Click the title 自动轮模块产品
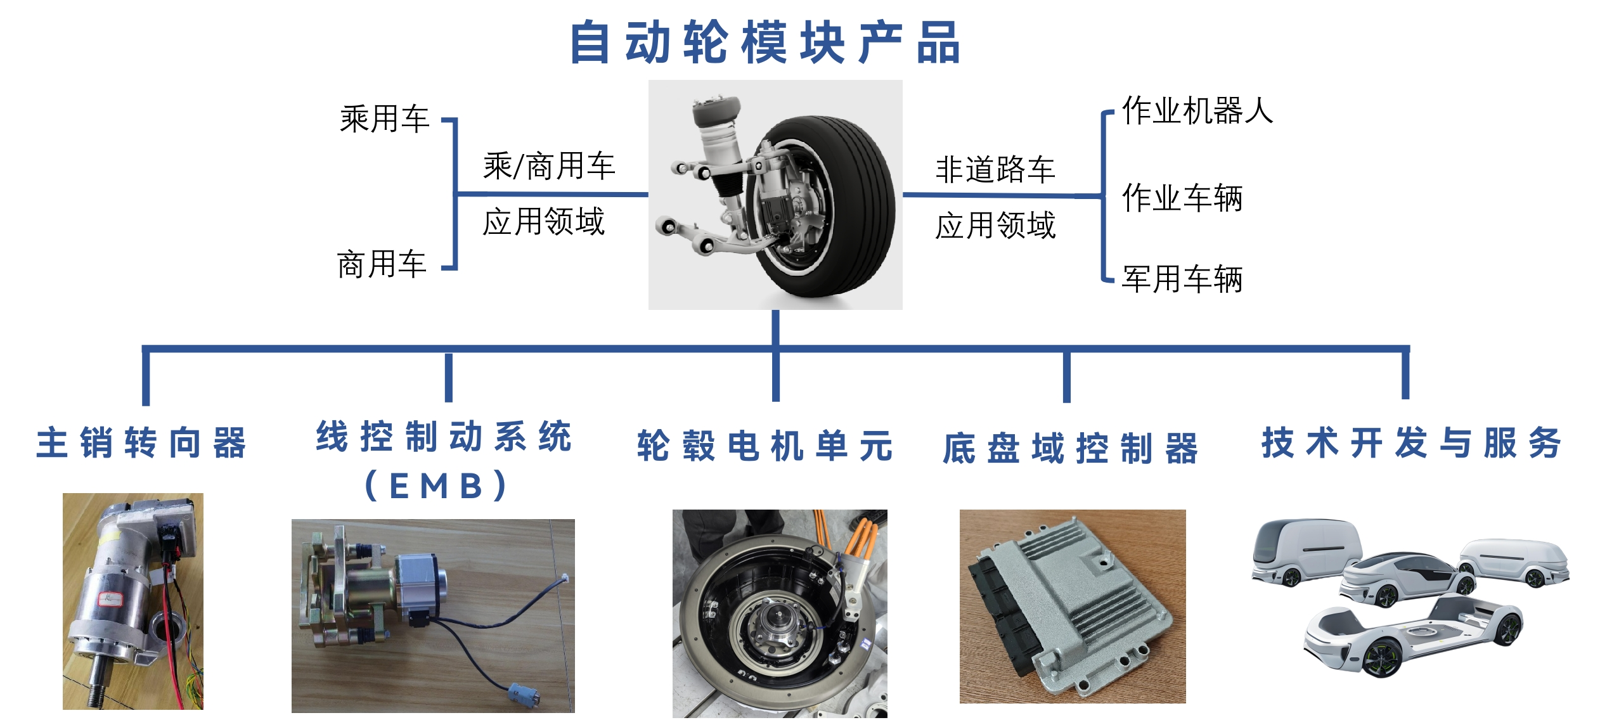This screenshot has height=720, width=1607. (x=765, y=43)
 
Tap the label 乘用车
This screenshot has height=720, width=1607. (x=384, y=119)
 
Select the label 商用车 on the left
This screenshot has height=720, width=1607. (x=382, y=264)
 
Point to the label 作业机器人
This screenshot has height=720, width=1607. (x=1197, y=111)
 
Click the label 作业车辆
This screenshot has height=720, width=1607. (x=1182, y=198)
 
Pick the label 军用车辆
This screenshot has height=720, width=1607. (x=1182, y=279)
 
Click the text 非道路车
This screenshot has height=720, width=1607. (x=995, y=170)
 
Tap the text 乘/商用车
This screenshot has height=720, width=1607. (x=549, y=166)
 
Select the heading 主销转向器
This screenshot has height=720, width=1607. (x=141, y=442)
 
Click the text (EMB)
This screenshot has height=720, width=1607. (x=437, y=487)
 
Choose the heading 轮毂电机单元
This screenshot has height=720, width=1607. (x=765, y=446)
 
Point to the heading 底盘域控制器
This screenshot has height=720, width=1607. (x=1071, y=449)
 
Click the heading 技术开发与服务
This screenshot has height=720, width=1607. (x=1411, y=442)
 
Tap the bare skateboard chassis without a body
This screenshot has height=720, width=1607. (x=1414, y=634)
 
